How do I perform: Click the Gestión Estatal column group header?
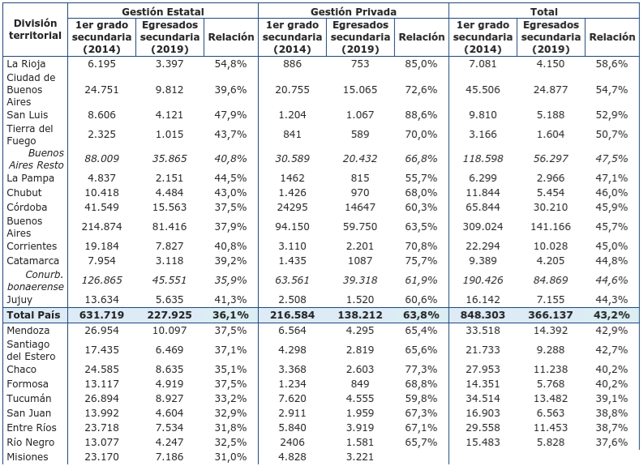162,11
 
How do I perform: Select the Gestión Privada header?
353,11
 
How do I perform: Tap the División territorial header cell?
36,29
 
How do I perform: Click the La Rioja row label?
25,63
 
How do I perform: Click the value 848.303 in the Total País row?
484,314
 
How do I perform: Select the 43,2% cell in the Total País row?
612,314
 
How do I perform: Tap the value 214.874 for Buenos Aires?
102,227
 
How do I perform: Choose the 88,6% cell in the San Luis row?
422,114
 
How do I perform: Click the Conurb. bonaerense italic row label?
35,280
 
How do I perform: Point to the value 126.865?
101,280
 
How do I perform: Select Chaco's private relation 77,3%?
422,370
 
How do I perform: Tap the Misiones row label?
27,457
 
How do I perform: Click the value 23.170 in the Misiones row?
102,457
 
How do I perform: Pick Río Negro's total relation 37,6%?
612,442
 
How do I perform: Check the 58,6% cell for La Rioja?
612,63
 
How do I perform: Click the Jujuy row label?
20,299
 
